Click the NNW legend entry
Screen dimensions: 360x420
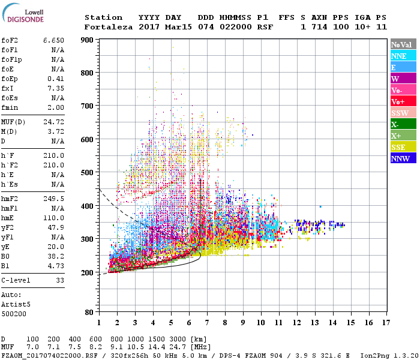401,159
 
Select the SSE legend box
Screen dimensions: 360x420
401,148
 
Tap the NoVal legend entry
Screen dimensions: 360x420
401,44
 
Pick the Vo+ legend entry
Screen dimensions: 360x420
401,102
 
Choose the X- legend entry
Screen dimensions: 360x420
401,125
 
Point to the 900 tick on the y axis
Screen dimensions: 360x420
88,40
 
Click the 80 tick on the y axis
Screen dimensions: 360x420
89,312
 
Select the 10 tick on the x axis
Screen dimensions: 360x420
260,323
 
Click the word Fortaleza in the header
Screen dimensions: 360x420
106,27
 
